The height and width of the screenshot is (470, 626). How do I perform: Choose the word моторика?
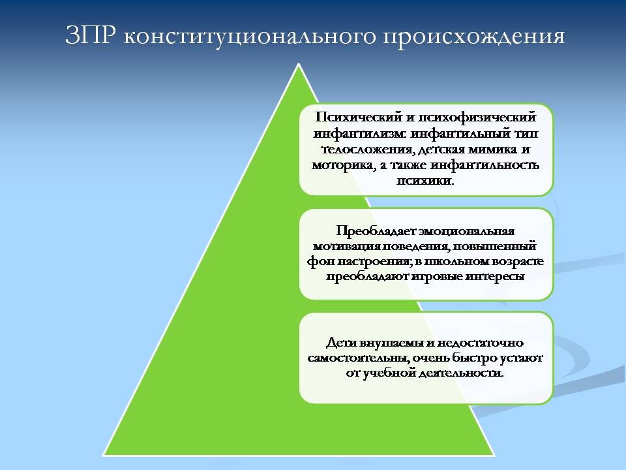(342, 165)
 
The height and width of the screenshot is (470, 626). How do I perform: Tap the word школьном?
(464, 262)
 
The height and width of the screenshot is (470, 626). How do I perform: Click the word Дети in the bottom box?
(340, 343)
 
